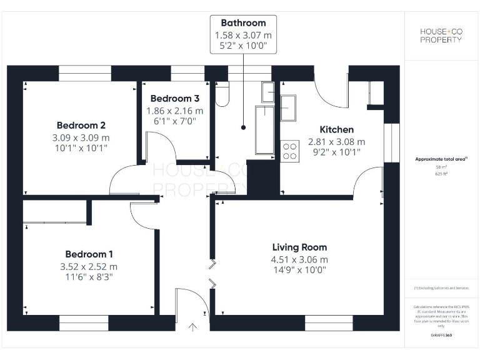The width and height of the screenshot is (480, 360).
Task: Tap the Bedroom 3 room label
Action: click(174, 99)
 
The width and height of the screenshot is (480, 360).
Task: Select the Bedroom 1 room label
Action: click(89, 254)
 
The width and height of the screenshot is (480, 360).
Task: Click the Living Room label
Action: click(299, 247)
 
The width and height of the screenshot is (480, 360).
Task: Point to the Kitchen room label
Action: click(336, 129)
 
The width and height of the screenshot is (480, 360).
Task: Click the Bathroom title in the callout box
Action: click(243, 23)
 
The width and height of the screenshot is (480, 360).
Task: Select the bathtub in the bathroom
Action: click(264, 130)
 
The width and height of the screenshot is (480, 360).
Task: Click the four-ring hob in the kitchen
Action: click(289, 151)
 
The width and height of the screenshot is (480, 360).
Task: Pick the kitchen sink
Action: click(288, 107)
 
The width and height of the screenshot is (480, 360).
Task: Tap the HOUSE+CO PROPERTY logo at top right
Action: click(441, 35)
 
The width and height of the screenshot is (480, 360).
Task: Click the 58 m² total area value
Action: click(441, 167)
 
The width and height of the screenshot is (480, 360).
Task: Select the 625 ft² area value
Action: click(441, 175)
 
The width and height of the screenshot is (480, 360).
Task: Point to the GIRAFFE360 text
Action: click(441, 336)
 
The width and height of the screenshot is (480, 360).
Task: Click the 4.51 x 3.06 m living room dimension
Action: click(299, 260)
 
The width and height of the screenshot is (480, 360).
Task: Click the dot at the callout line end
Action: click(243, 127)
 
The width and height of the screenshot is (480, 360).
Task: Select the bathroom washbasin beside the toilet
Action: click(267, 91)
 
